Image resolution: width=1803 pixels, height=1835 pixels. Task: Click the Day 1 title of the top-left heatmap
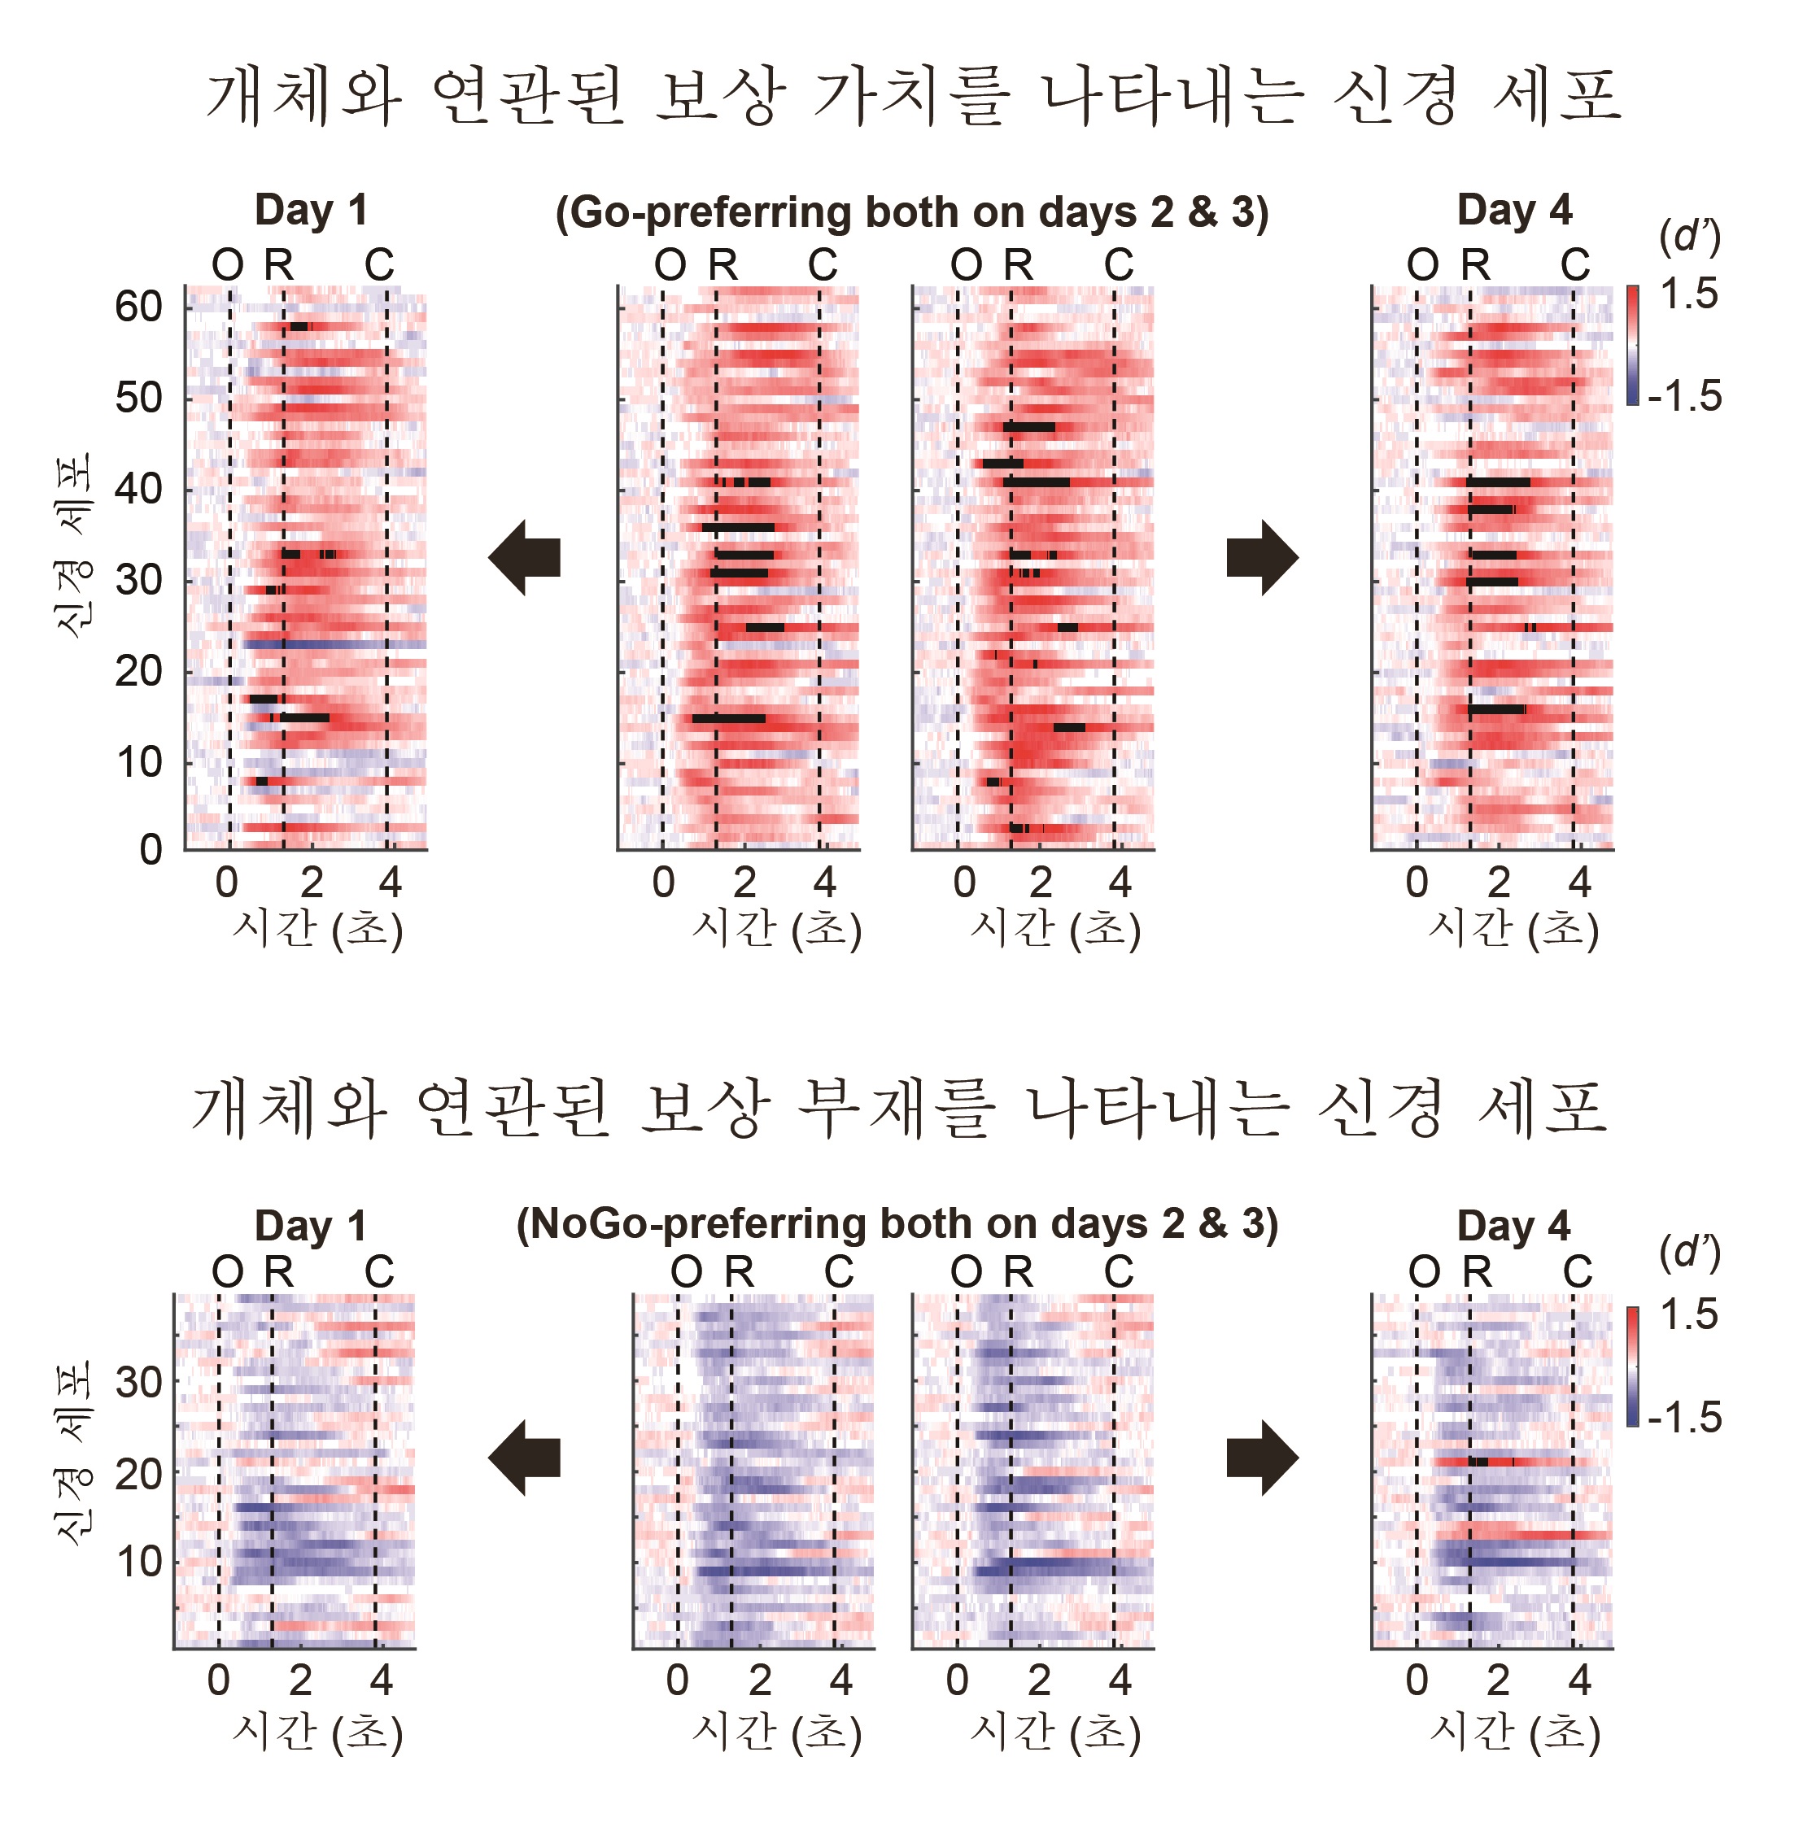(x=311, y=210)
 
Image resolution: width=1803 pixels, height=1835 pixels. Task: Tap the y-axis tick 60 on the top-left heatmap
(x=138, y=307)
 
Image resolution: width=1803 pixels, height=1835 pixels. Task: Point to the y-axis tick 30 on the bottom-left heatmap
(x=138, y=1384)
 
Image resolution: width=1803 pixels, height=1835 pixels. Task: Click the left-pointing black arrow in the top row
(x=525, y=558)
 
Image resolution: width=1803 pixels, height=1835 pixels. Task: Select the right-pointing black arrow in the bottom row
(x=1262, y=1458)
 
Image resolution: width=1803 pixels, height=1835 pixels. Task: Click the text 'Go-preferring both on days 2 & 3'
(x=912, y=213)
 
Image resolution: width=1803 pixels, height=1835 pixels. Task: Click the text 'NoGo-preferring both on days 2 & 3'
(x=897, y=1224)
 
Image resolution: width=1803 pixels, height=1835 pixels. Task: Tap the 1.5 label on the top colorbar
(x=1688, y=294)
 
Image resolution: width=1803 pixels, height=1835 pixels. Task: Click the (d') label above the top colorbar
(x=1688, y=237)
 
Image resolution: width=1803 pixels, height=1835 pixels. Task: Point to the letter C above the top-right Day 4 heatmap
(x=1575, y=265)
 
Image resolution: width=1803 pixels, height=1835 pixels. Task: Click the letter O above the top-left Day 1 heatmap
(x=227, y=266)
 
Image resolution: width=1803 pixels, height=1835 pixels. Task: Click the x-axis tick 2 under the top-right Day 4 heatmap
(x=1498, y=883)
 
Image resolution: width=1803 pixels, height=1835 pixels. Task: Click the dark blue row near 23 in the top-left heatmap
(x=331, y=645)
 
